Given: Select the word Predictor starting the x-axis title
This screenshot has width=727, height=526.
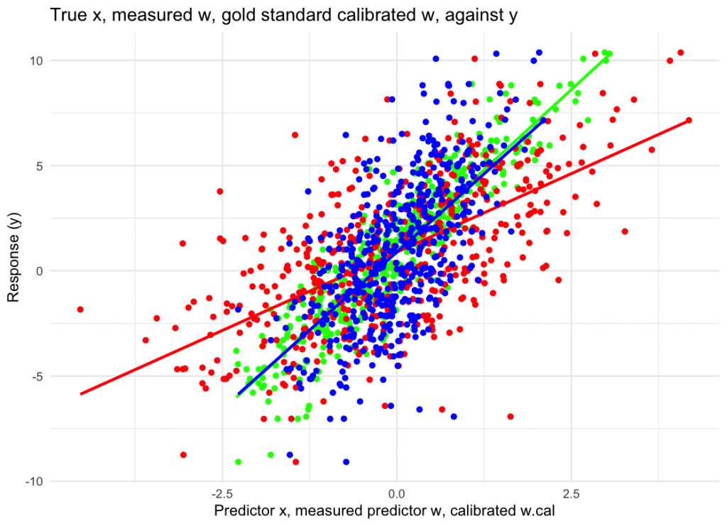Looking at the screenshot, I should [243, 510].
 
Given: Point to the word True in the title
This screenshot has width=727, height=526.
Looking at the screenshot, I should [65, 15].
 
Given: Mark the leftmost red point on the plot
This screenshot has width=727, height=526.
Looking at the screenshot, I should [80, 309].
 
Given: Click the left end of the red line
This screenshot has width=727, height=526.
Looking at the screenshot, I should [82, 393].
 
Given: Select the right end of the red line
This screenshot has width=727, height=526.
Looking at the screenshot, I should [688, 121].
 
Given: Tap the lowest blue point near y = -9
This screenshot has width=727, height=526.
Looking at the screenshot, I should [346, 461].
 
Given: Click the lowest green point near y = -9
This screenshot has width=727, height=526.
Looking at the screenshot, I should [239, 461].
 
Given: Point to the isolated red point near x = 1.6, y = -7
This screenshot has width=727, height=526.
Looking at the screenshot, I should [510, 416].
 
